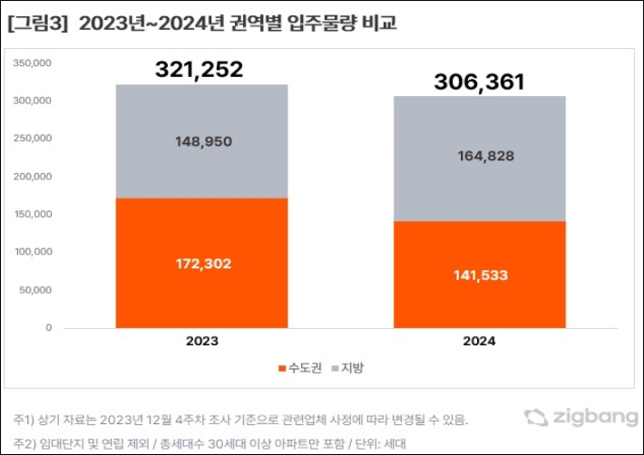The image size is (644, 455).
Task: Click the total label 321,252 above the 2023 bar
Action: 200,70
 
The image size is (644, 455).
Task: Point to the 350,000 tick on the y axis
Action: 34,63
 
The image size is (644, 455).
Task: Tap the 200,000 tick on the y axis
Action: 34,177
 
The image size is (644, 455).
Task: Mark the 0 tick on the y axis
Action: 48,328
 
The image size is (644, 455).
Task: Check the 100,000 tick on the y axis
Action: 34,252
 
